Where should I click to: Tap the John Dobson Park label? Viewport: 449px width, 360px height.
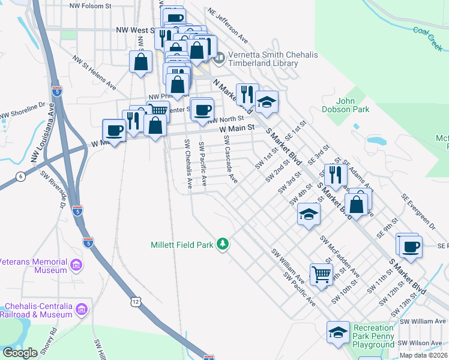click(x=353, y=105)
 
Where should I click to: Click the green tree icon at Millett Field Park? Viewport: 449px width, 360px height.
click(x=223, y=244)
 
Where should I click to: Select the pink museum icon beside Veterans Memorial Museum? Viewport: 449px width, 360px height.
click(x=76, y=265)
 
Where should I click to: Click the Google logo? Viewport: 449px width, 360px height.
click(x=20, y=353)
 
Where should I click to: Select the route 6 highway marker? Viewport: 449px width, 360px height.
click(x=21, y=176)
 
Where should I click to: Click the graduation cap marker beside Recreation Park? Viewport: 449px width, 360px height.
click(x=338, y=331)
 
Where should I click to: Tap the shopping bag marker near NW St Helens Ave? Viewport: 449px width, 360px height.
click(x=140, y=61)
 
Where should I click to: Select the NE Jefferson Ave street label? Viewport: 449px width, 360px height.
click(x=228, y=26)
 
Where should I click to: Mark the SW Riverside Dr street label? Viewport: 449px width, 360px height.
click(x=53, y=188)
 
